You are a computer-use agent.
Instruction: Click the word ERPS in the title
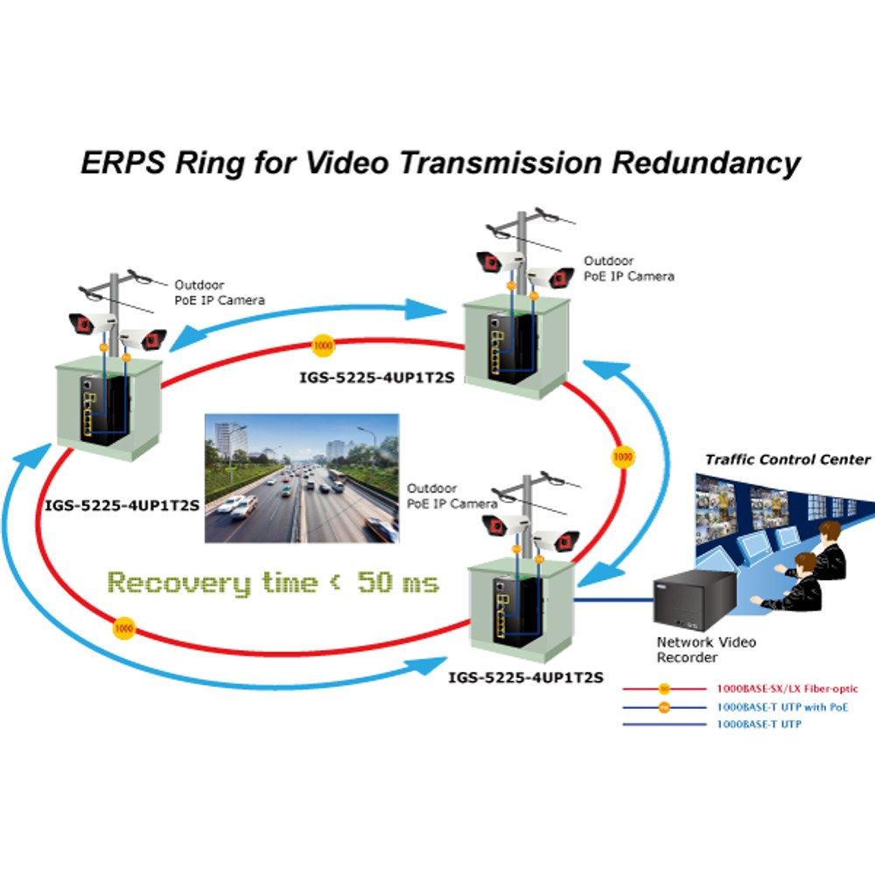(123, 163)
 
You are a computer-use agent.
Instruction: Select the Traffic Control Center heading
(787, 460)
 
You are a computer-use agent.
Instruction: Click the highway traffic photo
(302, 478)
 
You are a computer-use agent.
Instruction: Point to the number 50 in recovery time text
(374, 582)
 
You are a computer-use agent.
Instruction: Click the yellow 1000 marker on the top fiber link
(323, 346)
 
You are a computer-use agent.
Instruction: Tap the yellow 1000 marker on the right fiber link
(623, 457)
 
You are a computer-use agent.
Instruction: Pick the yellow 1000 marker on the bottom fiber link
(124, 628)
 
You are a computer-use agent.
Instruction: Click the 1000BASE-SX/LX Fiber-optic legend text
(787, 689)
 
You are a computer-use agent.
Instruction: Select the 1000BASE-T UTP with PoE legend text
(782, 707)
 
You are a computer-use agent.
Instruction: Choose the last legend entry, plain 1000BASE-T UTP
(759, 724)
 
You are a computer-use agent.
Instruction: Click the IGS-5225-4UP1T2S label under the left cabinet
(122, 506)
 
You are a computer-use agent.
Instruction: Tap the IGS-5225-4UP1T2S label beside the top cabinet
(377, 378)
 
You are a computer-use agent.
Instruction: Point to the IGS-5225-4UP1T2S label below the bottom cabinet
(526, 677)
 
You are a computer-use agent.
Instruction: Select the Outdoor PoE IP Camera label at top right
(629, 269)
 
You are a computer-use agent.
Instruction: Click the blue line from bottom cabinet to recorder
(614, 600)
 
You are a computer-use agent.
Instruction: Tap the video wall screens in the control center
(775, 505)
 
